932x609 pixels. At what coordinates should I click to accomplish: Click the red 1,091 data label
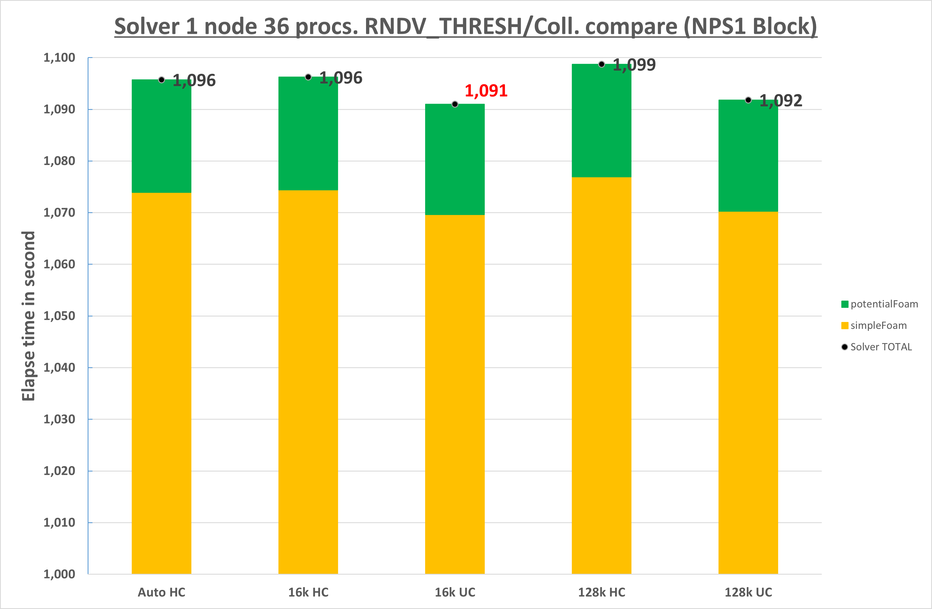click(486, 91)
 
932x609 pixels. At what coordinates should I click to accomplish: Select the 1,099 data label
click(634, 65)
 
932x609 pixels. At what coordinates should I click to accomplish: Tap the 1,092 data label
click(781, 101)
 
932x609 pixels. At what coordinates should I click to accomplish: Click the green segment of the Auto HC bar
click(161, 136)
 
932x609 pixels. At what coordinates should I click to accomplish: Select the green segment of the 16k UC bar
click(455, 159)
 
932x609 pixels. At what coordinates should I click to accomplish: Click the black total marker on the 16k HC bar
click(308, 77)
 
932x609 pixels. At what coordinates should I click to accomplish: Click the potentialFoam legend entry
click(880, 304)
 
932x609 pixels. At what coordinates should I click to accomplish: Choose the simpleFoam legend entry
click(874, 326)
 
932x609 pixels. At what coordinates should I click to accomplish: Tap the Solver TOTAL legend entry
click(877, 347)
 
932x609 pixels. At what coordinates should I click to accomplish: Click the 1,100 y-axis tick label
click(59, 58)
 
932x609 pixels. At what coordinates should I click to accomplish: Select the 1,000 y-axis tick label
click(59, 574)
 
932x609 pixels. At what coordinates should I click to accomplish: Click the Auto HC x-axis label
click(161, 592)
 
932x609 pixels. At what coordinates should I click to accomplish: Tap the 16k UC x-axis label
click(455, 592)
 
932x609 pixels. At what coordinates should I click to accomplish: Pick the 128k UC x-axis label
click(748, 592)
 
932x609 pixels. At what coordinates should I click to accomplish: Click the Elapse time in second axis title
click(29, 316)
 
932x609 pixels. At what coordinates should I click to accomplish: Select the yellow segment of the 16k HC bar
click(308, 382)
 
